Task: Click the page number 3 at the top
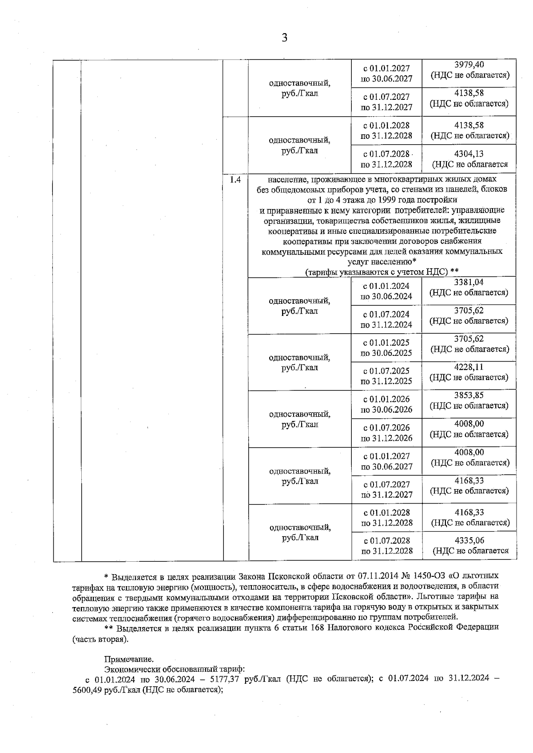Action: click(x=284, y=38)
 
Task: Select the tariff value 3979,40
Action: click(x=469, y=65)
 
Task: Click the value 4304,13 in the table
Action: click(x=469, y=154)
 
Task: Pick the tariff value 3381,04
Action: click(x=469, y=282)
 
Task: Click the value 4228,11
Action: click(x=469, y=367)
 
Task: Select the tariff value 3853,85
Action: click(x=469, y=395)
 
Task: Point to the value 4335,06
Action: click(x=469, y=540)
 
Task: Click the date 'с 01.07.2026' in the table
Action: click(x=386, y=427)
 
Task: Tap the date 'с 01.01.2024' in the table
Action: click(x=386, y=286)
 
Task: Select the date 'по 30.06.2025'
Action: click(x=386, y=353)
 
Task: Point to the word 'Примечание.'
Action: click(x=129, y=659)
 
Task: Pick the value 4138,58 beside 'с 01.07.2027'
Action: click(x=469, y=93)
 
